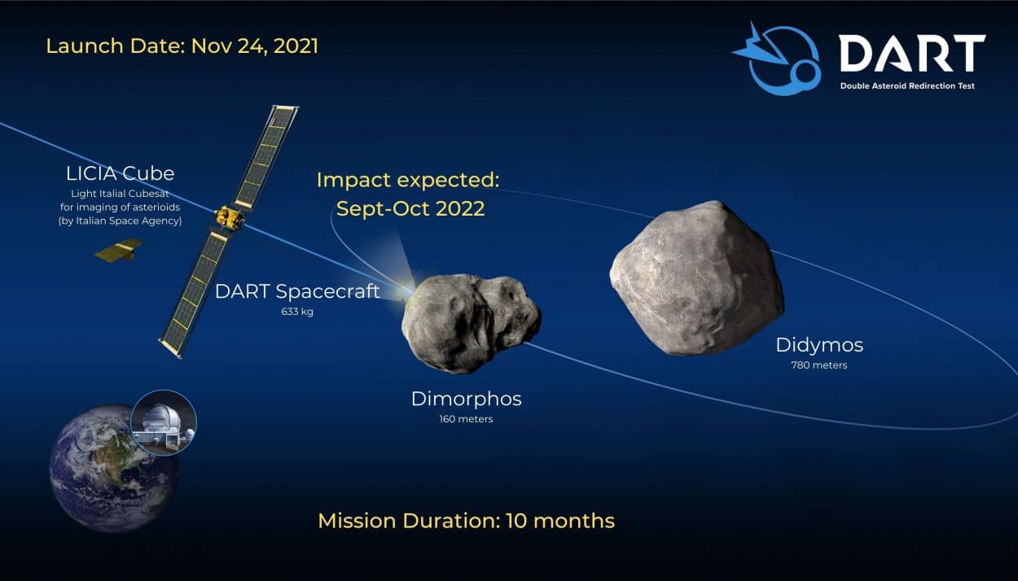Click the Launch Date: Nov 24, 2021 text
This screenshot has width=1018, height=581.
coord(182,46)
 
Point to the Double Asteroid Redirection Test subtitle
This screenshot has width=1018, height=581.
coord(907,86)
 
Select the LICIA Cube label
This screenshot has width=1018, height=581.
coord(120,173)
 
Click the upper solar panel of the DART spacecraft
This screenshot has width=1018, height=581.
coord(265,157)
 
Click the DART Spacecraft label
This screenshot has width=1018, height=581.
coord(297,291)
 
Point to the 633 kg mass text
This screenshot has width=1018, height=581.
coord(297,312)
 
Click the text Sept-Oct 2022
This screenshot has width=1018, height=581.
coord(410,209)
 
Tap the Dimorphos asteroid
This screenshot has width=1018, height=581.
coord(471,323)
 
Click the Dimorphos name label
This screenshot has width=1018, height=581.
coord(467,399)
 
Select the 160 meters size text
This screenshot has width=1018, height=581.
coord(467,419)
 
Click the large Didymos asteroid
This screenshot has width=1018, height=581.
coord(696,278)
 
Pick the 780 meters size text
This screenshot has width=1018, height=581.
coord(819,365)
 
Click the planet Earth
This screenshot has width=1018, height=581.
coord(114,469)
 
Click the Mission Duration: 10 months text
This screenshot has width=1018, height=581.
coord(467,521)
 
